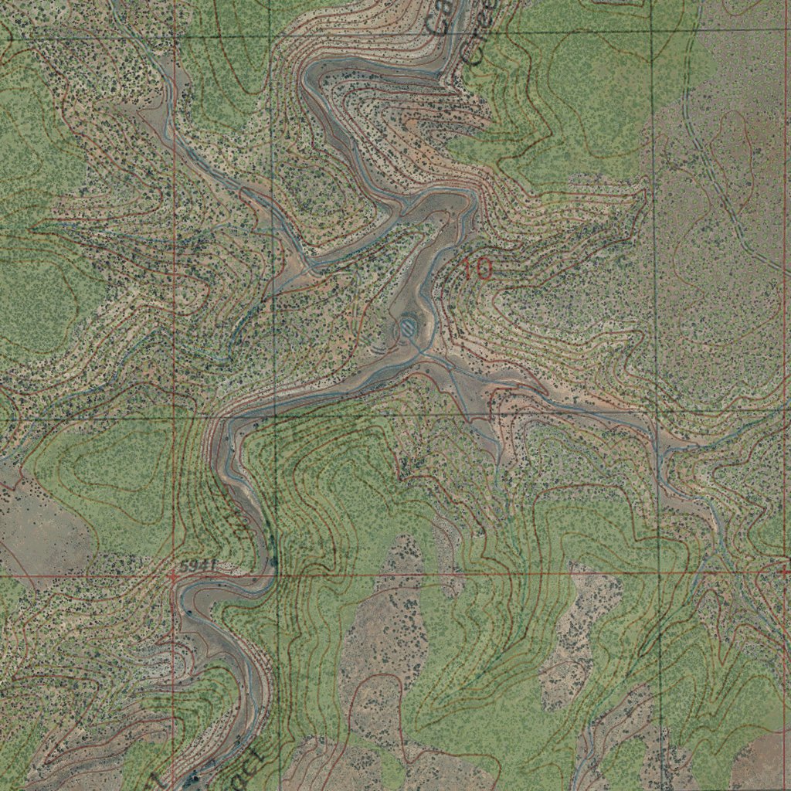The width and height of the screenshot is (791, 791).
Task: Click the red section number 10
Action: [478, 269]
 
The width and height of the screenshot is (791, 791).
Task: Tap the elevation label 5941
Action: [195, 567]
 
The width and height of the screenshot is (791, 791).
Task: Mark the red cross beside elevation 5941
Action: [173, 575]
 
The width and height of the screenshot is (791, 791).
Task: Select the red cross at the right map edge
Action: [785, 572]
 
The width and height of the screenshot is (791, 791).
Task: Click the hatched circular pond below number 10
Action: [406, 329]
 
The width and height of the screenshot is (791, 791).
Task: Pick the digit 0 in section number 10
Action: [484, 269]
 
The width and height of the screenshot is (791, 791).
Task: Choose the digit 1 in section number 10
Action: [469, 269]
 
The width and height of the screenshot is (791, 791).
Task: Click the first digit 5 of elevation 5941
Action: [183, 567]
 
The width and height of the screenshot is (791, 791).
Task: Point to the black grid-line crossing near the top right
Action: [650, 31]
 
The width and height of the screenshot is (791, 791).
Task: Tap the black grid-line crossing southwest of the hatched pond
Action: [274, 418]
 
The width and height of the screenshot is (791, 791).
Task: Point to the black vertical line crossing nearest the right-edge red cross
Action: [662, 573]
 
